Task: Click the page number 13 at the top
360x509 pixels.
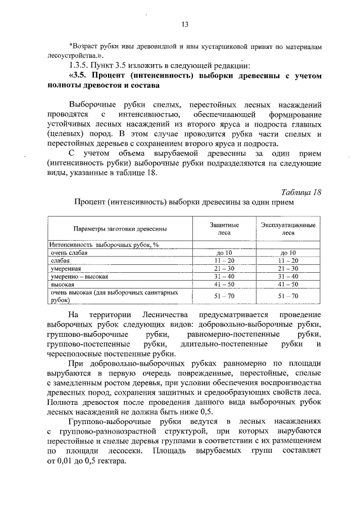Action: pos(184,24)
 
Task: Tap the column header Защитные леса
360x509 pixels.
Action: pos(224,228)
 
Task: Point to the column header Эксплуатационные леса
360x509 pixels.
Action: pos(287,228)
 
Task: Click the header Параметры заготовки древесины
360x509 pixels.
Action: pos(119,229)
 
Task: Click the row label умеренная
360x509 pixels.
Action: pos(67,269)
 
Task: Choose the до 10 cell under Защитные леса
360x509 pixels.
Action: pos(224,254)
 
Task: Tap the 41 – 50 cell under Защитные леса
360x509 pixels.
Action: pos(224,285)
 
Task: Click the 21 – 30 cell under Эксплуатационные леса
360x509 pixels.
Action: pos(287,269)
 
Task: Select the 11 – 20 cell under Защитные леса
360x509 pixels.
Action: pos(224,262)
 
